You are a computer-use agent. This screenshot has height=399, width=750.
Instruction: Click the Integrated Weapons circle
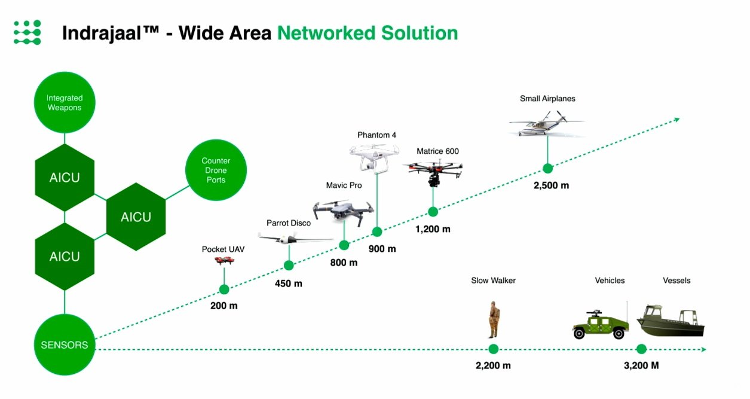65,102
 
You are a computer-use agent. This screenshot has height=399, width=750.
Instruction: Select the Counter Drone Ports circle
216,170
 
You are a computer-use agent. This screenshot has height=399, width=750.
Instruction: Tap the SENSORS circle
65,345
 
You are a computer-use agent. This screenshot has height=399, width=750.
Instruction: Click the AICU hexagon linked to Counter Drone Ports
136,217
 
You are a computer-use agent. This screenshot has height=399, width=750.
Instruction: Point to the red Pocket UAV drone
224,260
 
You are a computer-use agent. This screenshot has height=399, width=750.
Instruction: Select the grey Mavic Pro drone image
344,212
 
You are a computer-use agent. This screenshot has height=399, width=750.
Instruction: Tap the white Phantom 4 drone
374,158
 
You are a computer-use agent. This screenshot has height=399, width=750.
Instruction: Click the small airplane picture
546,124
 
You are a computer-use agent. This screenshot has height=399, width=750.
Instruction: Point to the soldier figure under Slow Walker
493,319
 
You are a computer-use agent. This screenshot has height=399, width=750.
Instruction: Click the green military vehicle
600,324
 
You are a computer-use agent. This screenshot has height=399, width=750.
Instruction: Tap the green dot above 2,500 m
548,169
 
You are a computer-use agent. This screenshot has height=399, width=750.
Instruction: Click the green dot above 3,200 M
641,349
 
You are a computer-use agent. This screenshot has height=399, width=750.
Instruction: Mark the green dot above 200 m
224,290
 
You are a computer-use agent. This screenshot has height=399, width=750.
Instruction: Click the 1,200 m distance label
433,229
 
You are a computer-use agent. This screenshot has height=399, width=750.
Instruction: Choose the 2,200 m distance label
493,366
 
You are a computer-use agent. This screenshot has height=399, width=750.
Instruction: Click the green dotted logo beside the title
27,32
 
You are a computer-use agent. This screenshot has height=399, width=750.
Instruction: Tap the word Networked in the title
326,33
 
